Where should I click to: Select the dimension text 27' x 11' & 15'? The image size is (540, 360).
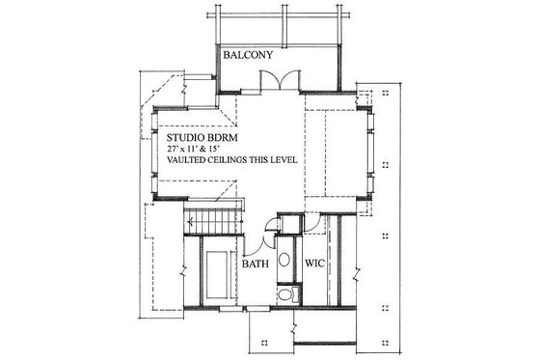(x=199, y=151)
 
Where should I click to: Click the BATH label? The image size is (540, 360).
(x=255, y=263)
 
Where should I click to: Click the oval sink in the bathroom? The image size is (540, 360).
(x=286, y=260)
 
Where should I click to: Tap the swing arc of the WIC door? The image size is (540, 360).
(x=313, y=223)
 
